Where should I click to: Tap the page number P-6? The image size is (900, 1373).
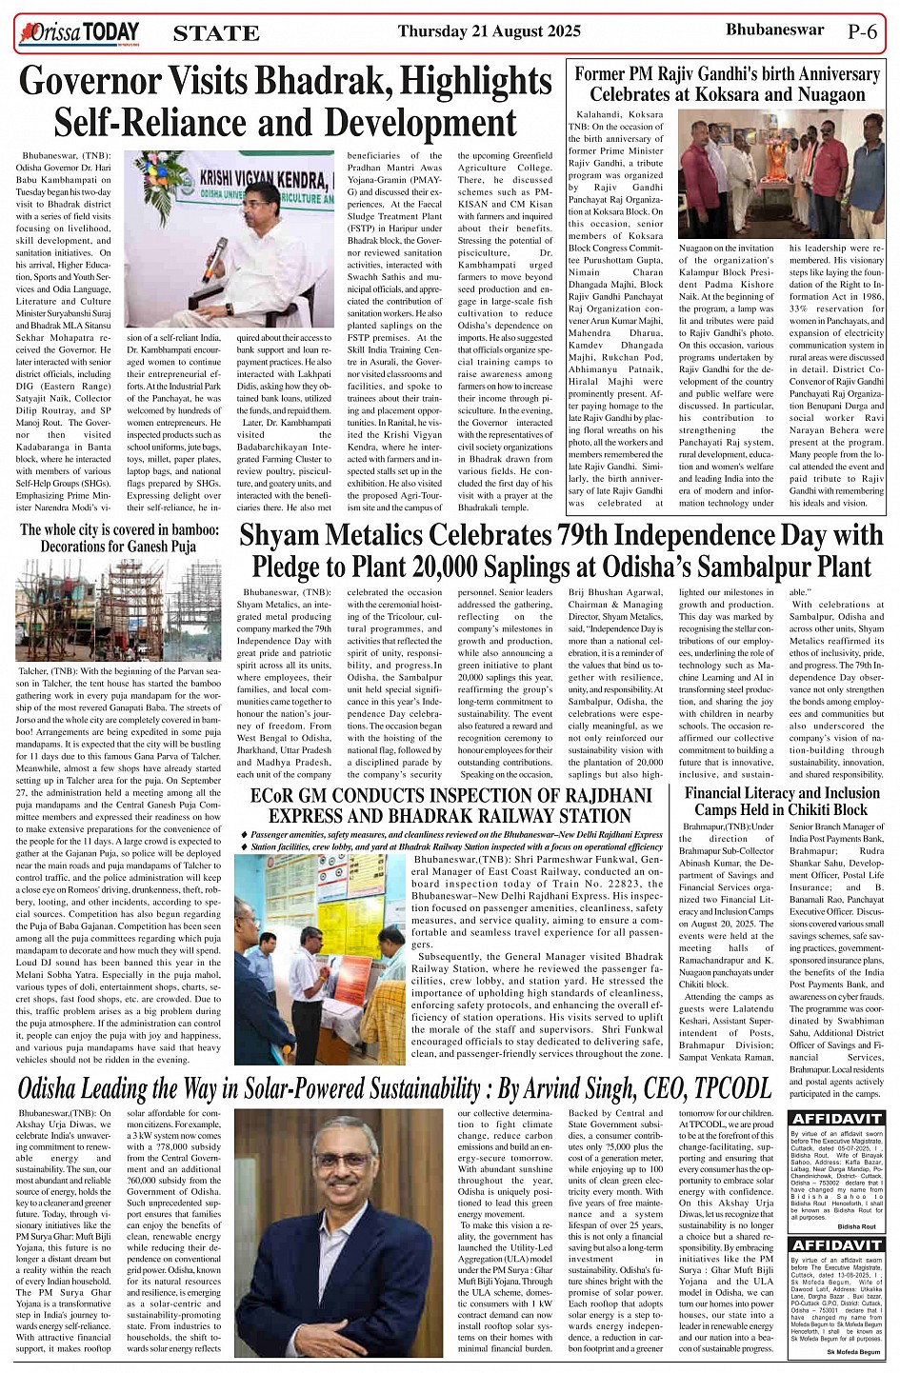862,30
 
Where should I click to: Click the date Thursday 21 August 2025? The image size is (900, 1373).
489,31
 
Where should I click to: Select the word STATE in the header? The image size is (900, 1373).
216,33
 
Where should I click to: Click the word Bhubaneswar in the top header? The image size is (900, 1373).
774,30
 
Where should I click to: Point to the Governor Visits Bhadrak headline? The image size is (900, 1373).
285,102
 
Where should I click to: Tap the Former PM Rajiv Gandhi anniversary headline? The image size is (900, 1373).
727,84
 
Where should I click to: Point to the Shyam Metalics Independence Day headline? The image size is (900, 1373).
561,549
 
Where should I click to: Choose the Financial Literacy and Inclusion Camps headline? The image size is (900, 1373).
782,801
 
